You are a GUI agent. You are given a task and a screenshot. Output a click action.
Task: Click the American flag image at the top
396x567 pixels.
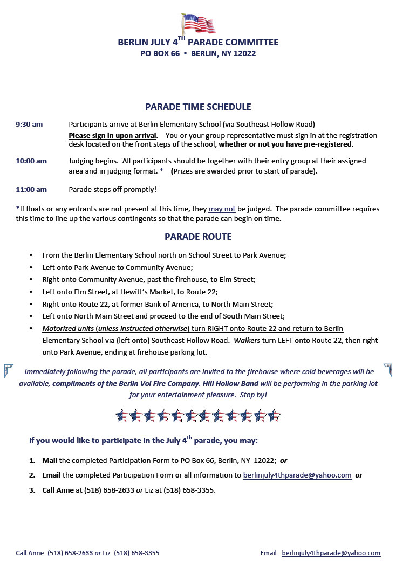[198, 23]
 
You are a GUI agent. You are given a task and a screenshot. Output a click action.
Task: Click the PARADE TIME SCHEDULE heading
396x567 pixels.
[198, 107]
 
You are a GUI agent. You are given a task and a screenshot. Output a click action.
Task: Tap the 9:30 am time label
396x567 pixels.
[29, 125]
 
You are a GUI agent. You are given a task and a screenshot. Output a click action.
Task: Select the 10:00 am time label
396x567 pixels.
[31, 161]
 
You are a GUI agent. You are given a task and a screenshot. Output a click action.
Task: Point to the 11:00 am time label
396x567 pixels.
[31, 189]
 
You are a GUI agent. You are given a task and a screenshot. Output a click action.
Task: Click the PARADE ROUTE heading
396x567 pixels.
[198, 237]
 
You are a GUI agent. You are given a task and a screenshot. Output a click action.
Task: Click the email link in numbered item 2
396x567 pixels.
[297, 475]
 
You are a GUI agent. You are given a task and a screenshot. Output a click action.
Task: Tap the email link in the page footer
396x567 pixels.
[331, 553]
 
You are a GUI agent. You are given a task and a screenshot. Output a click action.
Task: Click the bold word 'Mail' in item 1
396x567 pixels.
[50, 461]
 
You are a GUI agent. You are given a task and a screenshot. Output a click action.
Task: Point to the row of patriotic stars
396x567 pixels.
[198, 416]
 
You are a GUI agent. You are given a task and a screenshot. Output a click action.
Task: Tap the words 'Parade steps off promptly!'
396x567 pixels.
[112, 189]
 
